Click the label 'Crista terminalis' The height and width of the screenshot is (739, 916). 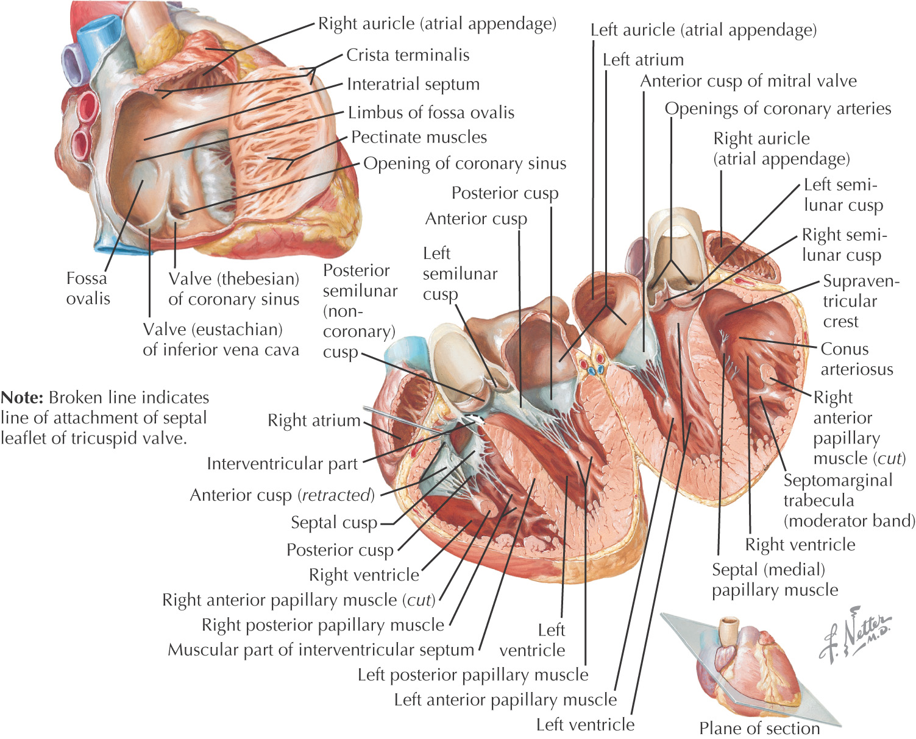pos(408,55)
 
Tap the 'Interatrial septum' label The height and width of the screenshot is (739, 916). pos(413,84)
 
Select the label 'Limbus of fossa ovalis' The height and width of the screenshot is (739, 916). pos(431,113)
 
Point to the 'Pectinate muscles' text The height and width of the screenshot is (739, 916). pos(419,137)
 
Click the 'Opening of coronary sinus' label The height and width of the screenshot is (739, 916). pos(464,163)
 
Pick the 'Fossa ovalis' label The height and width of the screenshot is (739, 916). pos(88,288)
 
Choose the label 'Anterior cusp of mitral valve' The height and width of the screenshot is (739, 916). pos(748,81)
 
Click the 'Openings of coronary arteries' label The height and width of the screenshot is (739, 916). pos(778,108)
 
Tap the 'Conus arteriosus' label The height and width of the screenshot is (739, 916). pos(856,359)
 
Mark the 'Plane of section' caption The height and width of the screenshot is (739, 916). pos(759,728)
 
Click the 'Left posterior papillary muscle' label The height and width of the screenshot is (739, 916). pos(473,675)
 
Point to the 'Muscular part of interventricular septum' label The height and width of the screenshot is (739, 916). pos(321,650)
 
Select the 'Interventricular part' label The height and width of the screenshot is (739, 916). pos(282,464)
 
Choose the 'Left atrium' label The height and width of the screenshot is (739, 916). pos(643,60)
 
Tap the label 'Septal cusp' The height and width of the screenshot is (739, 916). pos(334,523)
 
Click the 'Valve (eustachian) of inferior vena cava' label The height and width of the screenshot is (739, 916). pos(221,339)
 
